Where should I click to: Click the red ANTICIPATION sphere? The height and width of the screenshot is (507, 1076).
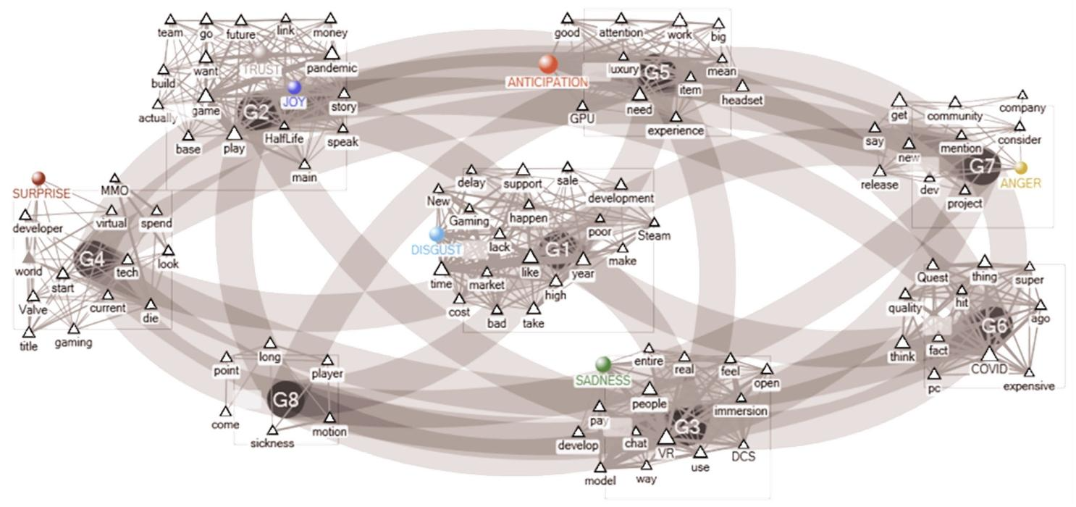pos(548,64)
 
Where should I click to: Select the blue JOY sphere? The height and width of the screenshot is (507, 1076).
pos(294,88)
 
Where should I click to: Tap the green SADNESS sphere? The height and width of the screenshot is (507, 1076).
pos(603,364)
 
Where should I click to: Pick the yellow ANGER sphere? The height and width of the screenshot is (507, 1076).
pos(1020,168)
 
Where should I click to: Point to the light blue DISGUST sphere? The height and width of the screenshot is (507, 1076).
pos(436,234)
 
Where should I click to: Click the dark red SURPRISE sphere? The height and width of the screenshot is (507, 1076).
pos(38,178)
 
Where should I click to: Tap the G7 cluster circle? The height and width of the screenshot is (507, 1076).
pos(982,167)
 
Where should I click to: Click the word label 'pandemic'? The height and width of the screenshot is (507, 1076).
pos(332,69)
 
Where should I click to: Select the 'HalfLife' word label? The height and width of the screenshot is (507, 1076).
pos(284,138)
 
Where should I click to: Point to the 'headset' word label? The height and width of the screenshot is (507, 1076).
pos(742,101)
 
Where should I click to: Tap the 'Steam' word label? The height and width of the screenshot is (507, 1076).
pos(654,235)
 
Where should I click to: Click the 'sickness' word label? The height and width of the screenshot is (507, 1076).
pos(272,443)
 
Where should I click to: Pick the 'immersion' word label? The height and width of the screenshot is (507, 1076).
pos(740,411)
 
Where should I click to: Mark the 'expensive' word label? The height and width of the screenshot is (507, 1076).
pos(1028,386)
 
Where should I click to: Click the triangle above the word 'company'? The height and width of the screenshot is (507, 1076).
pos(1022,95)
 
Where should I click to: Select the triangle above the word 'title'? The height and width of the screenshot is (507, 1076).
pos(29,332)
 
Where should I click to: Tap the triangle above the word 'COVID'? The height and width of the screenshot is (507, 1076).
pos(989,354)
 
